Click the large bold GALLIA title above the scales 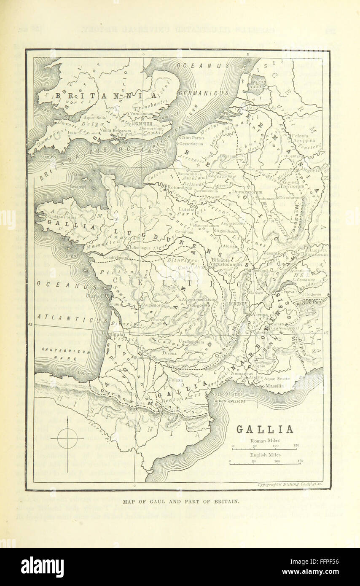click(264, 430)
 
